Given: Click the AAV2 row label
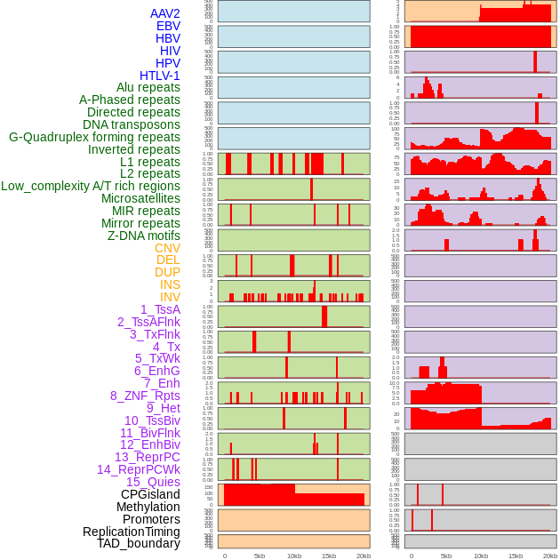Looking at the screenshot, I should coord(165,13).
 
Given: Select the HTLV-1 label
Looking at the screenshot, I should coord(159,76).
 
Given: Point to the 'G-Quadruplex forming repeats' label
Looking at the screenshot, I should coord(94,137).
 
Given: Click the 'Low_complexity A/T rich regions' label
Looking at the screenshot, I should coord(91,186).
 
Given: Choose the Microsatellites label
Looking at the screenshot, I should coord(140,198).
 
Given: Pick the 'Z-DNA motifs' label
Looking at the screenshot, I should coord(143,236).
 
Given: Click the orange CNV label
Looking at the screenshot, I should coord(167,248).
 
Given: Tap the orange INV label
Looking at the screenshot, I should coord(170,297).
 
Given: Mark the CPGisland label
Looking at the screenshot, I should coord(150,494).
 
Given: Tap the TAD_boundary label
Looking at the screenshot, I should coord(138,543).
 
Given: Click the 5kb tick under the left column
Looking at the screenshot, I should coord(260,556).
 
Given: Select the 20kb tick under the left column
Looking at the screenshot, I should coord(364,556).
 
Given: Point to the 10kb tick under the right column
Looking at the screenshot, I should coord(481,556).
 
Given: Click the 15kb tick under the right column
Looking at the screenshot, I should coord(516,556).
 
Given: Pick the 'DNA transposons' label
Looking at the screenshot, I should coord(132,124).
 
